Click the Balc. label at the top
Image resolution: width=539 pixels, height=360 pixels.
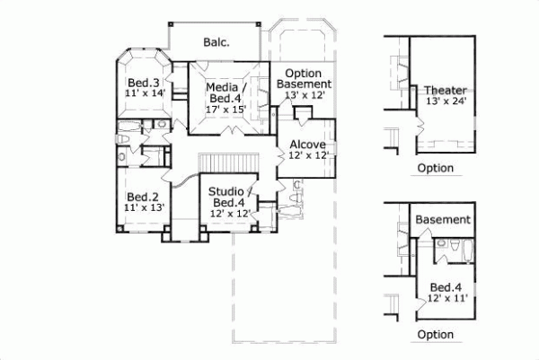pos(215,41)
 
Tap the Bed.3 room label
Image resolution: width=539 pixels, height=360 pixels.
pos(142,81)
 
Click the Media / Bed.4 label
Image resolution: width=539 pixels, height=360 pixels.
pos(225,92)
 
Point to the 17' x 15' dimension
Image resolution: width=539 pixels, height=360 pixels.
pos(225,109)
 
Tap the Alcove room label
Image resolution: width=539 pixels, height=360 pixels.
pos(307,144)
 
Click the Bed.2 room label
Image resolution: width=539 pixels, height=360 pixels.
pos(142,197)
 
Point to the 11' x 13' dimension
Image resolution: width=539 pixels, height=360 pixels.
pos(142,208)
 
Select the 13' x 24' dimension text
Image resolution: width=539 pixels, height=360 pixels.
pos(446,101)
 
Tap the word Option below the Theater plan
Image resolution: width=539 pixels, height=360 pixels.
pos(436,168)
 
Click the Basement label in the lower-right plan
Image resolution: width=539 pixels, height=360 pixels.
pos(443,220)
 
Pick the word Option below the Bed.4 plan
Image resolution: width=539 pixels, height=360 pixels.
pos(436,334)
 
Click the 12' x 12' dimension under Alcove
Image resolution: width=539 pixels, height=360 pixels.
pos(307,156)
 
